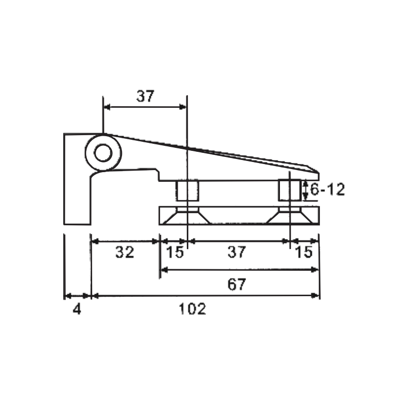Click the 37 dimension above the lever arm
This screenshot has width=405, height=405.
(x=145, y=96)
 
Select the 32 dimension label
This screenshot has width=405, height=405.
(x=125, y=252)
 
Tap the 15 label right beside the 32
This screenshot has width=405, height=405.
(x=175, y=252)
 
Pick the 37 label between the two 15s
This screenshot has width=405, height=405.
(x=236, y=252)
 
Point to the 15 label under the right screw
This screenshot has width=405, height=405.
(x=304, y=252)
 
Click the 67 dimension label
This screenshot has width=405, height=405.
(x=236, y=285)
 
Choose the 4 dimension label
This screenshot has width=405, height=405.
(x=77, y=309)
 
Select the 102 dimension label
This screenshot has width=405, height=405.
(x=193, y=309)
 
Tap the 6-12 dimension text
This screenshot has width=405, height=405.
(x=327, y=190)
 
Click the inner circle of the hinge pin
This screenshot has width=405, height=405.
(x=103, y=152)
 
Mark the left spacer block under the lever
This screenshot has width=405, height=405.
(x=187, y=191)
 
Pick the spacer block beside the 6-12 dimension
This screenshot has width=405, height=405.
(x=289, y=191)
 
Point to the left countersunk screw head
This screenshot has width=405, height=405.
(x=187, y=216)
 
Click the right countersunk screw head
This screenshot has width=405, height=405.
(x=289, y=216)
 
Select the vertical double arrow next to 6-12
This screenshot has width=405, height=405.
(x=305, y=190)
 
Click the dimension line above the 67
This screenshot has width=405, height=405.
(x=239, y=270)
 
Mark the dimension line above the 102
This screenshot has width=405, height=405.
(x=205, y=295)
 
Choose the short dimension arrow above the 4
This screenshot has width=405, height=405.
(x=77, y=295)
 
